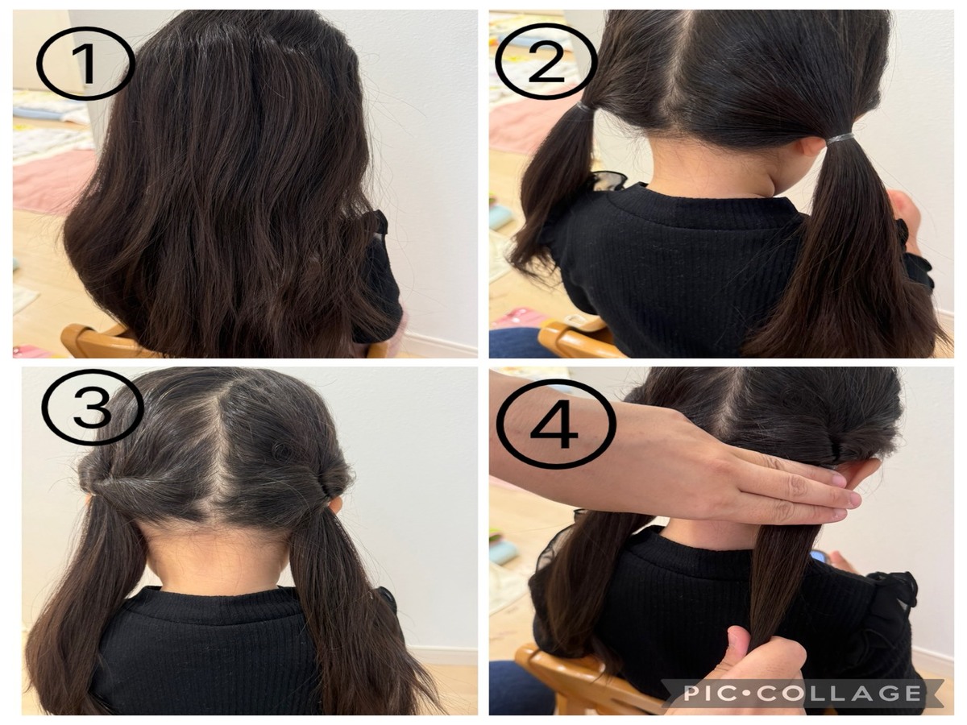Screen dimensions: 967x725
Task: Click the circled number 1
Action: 85,63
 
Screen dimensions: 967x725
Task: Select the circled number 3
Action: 93,407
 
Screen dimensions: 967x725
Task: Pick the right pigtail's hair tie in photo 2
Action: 840,139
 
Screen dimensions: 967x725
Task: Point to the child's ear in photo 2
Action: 813,146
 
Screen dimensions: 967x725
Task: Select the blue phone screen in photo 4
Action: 820,557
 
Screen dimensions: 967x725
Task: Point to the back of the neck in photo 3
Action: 216,557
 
